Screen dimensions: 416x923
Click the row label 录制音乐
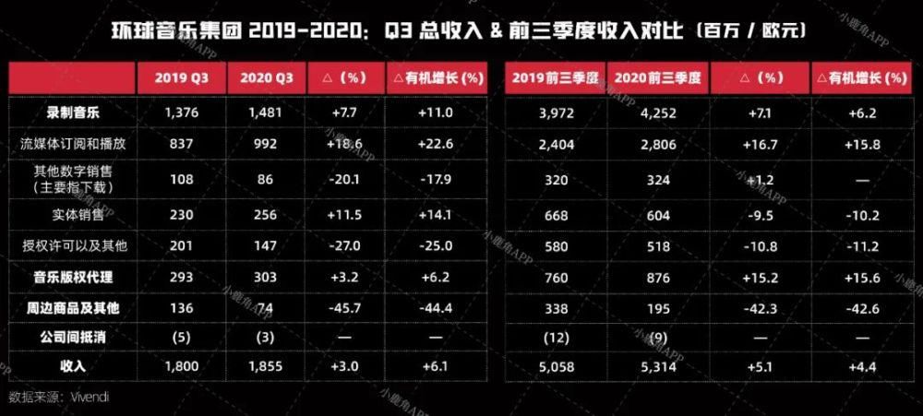(73, 112)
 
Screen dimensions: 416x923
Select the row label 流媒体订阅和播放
(73, 144)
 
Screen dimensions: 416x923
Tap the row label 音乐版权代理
(73, 277)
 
